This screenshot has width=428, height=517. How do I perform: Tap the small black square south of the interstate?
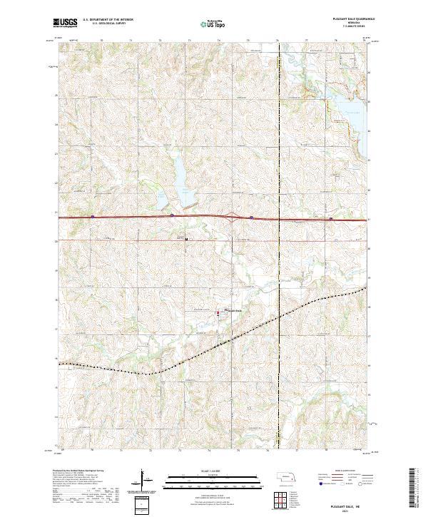[187, 239]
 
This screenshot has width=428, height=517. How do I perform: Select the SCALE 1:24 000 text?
[213, 470]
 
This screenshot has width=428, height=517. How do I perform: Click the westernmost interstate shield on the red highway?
[93, 216]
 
